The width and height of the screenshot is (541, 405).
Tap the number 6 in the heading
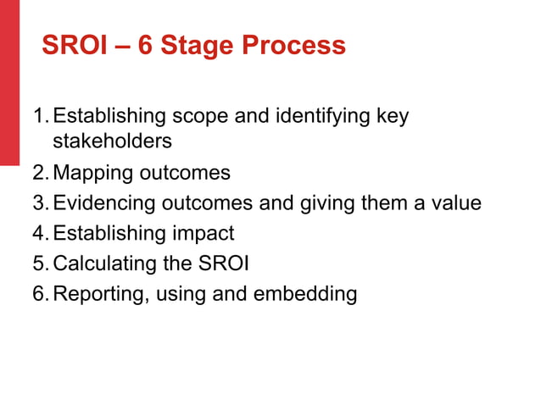pyautogui.click(x=146, y=45)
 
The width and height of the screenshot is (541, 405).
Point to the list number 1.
pyautogui.click(x=39, y=116)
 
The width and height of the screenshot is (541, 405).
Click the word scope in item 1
pyautogui.click(x=201, y=116)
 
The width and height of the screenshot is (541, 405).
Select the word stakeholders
pyautogui.click(x=112, y=141)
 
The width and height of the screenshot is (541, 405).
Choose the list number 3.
pyautogui.click(x=39, y=203)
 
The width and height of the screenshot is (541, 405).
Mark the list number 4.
pyautogui.click(x=39, y=233)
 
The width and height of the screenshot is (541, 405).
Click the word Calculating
pyautogui.click(x=100, y=264)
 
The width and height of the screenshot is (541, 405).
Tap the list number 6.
pyautogui.click(x=39, y=294)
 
